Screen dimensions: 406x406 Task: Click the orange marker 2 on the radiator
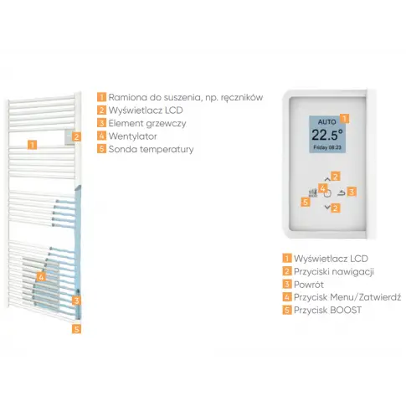(76, 136)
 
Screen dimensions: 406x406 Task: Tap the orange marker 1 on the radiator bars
(33, 145)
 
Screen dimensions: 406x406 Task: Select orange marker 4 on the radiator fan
(41, 277)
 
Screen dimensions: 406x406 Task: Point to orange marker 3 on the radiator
(76, 301)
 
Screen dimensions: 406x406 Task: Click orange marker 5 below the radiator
(76, 329)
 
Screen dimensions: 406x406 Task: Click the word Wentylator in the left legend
(132, 136)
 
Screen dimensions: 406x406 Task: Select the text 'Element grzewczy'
(147, 123)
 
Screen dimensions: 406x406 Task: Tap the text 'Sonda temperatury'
(151, 149)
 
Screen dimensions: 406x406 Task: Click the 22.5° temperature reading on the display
(327, 135)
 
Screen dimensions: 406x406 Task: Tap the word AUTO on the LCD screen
(326, 122)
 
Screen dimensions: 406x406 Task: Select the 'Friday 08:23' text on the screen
(327, 147)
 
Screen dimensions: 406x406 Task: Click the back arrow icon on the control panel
(341, 193)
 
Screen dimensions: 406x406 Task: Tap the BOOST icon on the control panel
(313, 193)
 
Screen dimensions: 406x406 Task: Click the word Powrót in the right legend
(309, 285)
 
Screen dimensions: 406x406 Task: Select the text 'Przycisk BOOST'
(327, 310)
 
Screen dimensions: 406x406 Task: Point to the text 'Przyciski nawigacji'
(334, 272)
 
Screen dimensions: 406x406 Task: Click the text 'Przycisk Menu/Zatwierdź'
(347, 297)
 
